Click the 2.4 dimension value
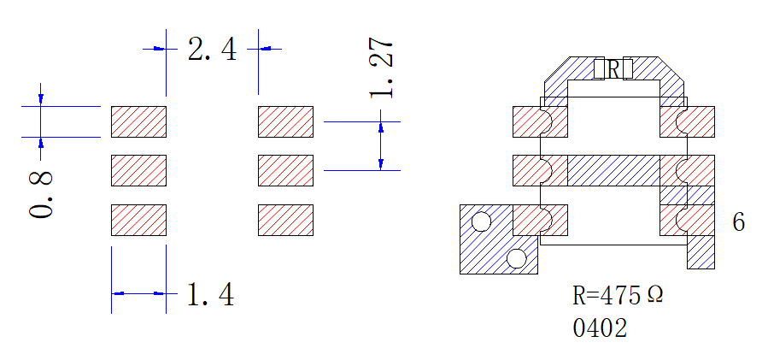tap(212, 50)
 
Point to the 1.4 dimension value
tap(211, 294)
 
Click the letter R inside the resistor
tap(613, 69)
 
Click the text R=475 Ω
tap(619, 295)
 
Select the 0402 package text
tap(600, 328)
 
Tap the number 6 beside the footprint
tap(739, 221)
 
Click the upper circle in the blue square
tap(481, 221)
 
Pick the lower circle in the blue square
tap(516, 258)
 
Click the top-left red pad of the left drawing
tap(138, 121)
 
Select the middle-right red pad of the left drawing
tap(285, 171)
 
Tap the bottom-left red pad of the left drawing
tap(138, 220)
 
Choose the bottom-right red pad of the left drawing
tap(285, 220)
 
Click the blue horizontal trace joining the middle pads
tap(613, 171)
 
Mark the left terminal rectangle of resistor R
tap(599, 68)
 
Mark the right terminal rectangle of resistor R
tap(628, 68)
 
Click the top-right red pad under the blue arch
tap(687, 121)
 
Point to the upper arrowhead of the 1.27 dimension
tap(381, 127)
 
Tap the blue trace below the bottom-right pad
tap(701, 252)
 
